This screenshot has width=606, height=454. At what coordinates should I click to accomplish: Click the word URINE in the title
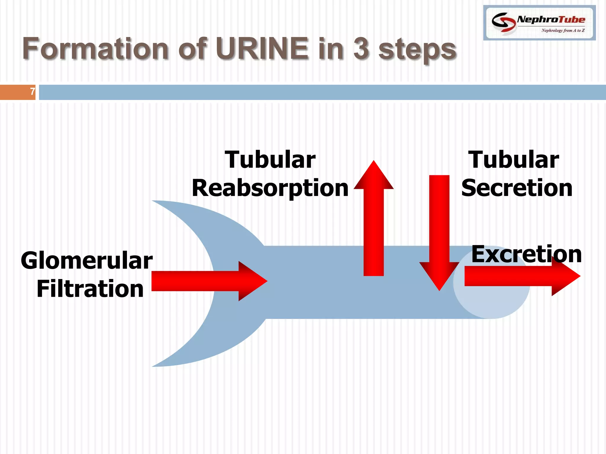262,48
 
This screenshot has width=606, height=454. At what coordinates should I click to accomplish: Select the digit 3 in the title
361,48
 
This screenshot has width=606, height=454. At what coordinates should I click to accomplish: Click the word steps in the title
418,50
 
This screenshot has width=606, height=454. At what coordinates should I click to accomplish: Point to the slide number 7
33,92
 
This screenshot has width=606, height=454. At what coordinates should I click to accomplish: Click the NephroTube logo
539,22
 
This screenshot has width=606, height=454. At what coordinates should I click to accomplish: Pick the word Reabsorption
270,188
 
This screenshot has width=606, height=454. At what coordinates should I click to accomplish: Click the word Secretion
517,188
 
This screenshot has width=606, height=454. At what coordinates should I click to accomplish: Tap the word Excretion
526,254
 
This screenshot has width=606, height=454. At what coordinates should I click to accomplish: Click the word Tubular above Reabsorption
270,160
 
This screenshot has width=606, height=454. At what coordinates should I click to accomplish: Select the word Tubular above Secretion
514,160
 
